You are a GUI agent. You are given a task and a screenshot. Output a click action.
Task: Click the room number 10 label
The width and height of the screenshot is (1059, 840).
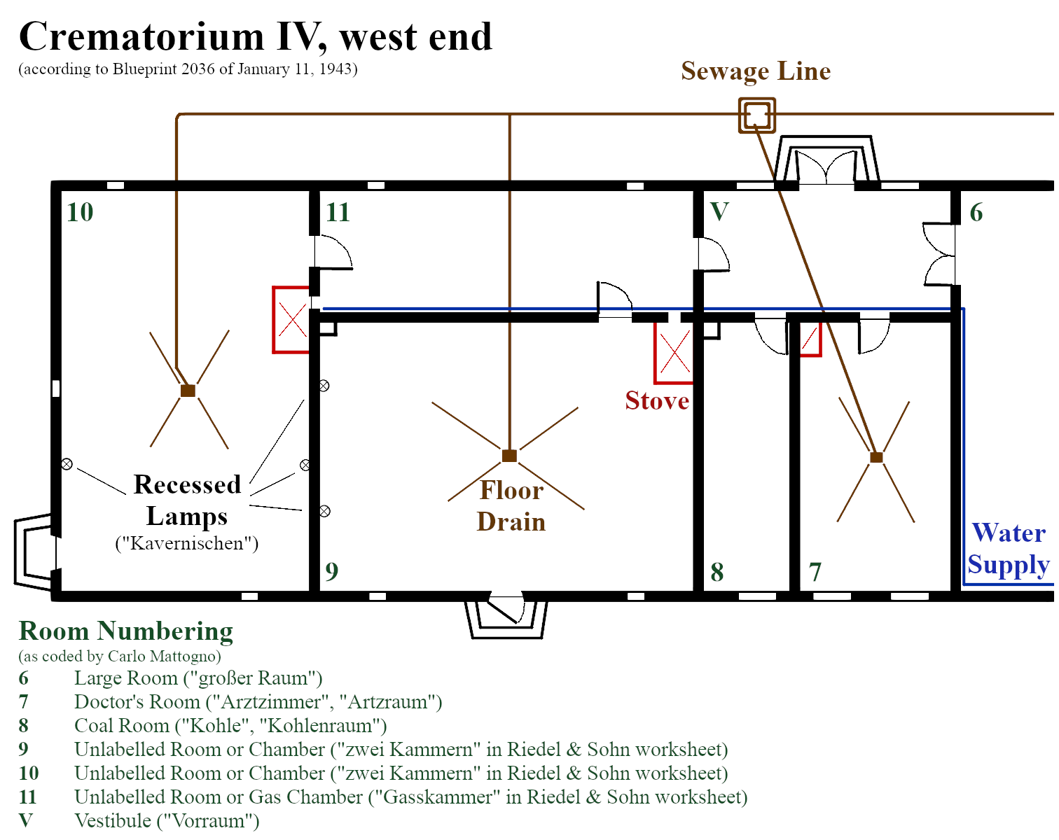(x=80, y=212)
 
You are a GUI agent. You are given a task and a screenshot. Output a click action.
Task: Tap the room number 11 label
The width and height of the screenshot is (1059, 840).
(x=338, y=212)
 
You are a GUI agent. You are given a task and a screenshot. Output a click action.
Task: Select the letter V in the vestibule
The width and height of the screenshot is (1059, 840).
(x=719, y=211)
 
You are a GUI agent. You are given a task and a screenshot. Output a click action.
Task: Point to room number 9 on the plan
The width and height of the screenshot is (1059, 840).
(x=331, y=572)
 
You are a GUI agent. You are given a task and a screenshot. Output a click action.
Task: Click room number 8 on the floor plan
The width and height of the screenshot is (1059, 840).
(x=717, y=573)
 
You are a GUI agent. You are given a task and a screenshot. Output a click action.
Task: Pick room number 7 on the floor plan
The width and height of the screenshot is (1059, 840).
(x=815, y=573)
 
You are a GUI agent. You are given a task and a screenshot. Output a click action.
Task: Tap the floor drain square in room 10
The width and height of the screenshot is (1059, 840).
(x=188, y=391)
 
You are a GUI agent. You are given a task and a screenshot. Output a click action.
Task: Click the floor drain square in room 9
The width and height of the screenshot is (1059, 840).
(x=509, y=456)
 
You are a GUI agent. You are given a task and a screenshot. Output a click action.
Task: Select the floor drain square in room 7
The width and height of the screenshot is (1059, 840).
(x=876, y=457)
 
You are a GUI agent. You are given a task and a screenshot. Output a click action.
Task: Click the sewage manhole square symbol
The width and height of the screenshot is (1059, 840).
(x=756, y=115)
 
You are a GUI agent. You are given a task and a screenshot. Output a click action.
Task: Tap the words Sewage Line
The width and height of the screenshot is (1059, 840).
(x=756, y=71)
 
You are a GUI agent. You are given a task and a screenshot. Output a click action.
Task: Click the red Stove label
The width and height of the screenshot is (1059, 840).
(x=657, y=401)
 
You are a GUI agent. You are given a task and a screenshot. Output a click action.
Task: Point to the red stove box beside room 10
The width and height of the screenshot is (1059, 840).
(x=291, y=319)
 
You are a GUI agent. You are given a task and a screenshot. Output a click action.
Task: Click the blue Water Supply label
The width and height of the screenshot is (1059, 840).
(x=1008, y=549)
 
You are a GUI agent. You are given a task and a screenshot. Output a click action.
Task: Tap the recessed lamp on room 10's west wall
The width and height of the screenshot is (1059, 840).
(x=67, y=464)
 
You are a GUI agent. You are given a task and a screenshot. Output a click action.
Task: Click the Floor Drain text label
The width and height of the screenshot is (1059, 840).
(x=511, y=506)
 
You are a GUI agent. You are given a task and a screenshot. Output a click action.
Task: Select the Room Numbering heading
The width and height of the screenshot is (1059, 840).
(x=126, y=631)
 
